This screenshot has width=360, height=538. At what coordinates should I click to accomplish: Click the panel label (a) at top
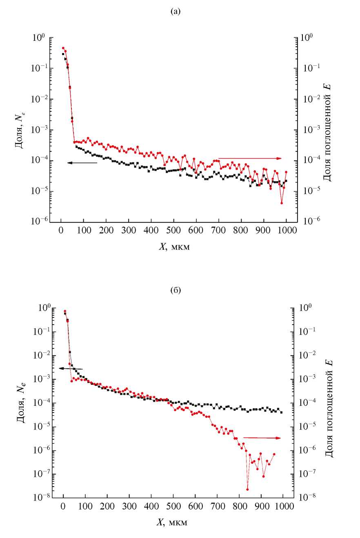pyautogui.click(x=175, y=12)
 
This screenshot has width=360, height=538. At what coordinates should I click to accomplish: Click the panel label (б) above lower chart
pyautogui.click(x=175, y=291)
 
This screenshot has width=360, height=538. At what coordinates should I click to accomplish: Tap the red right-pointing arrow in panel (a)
pyautogui.click(x=250, y=158)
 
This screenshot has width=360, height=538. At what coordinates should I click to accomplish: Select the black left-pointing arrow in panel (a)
pyautogui.click(x=82, y=163)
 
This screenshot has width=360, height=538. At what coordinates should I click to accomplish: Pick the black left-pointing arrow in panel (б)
pyautogui.click(x=71, y=368)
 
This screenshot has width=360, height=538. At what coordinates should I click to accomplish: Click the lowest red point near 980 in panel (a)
pyautogui.click(x=282, y=203)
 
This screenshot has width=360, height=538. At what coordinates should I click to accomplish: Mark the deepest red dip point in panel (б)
pyautogui.click(x=247, y=489)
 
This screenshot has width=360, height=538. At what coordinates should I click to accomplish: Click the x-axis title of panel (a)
pyautogui.click(x=174, y=247)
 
